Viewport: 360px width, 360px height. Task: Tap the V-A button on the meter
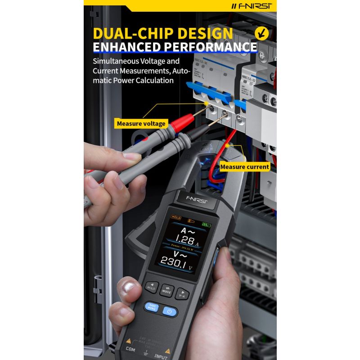coord(182,293)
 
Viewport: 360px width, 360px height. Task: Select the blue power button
coord(170,311)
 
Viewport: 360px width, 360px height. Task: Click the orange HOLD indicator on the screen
coord(176,217)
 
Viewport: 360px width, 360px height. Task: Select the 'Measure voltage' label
coord(141,123)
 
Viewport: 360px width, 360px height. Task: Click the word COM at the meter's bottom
coord(130,349)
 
